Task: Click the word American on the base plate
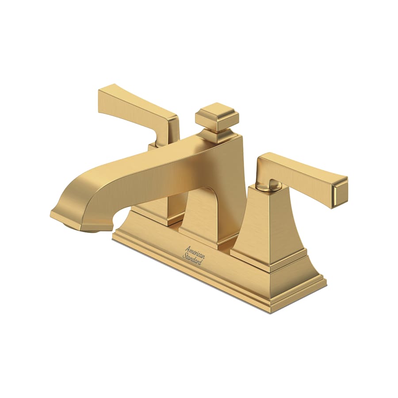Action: tap(194, 250)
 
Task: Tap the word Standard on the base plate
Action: tap(193, 259)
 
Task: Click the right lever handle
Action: tap(301, 172)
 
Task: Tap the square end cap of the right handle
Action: tap(341, 191)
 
